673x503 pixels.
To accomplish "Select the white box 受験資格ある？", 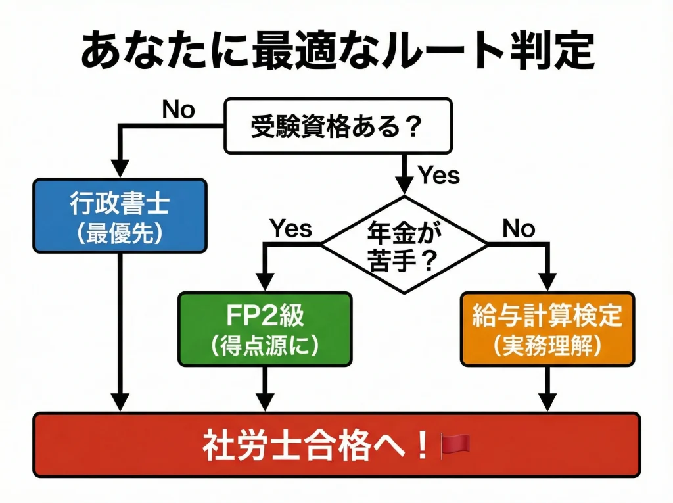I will click(x=338, y=125).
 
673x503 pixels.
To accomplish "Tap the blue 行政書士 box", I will click(x=120, y=216).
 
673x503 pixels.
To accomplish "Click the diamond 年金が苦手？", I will click(x=404, y=245).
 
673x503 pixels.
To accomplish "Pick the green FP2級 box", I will click(x=264, y=329).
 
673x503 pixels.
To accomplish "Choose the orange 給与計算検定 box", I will click(x=547, y=329).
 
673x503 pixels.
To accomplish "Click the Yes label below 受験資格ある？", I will click(x=438, y=176).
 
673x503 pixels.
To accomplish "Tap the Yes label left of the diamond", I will click(x=290, y=228).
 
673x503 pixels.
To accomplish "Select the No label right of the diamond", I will click(x=519, y=228).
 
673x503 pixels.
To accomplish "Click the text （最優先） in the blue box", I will click(x=120, y=234).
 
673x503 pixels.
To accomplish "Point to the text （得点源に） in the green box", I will click(x=264, y=346).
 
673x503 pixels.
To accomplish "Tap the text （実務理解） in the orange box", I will click(x=547, y=346).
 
